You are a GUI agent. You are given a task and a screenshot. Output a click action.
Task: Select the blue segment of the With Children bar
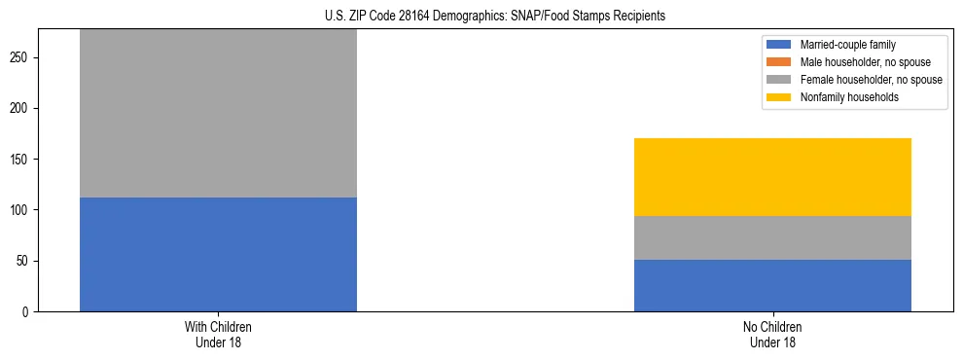click(x=218, y=254)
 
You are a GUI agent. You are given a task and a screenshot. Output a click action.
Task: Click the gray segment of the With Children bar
click(x=218, y=113)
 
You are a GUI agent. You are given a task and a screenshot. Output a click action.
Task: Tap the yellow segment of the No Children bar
click(x=772, y=177)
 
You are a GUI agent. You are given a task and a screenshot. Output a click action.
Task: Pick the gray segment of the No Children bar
click(x=772, y=237)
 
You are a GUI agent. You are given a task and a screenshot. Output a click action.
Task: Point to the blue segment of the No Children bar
click(x=772, y=285)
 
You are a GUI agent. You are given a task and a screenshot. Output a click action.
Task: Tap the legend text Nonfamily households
click(x=842, y=97)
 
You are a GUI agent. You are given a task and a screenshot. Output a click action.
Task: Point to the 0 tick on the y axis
click(x=27, y=312)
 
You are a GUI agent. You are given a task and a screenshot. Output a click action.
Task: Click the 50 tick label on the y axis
click(x=24, y=261)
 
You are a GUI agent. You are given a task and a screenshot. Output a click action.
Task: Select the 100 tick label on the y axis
click(x=21, y=210)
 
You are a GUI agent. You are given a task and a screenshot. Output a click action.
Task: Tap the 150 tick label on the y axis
click(x=21, y=160)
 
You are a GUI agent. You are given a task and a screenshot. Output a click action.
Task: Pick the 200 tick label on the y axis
click(x=21, y=108)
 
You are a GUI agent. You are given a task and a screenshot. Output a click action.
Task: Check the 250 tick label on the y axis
click(x=21, y=57)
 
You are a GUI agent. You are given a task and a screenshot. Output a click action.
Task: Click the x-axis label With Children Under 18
click(x=218, y=334)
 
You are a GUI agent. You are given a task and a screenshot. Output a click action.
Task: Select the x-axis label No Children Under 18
click(x=772, y=334)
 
